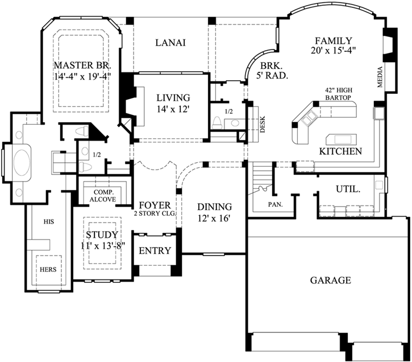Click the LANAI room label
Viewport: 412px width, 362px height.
tap(171, 43)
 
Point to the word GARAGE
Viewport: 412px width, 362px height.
tap(330, 280)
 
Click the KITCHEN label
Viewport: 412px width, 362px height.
tap(340, 151)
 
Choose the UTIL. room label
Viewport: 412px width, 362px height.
tap(347, 188)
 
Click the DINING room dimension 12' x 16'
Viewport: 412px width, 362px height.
tap(215, 217)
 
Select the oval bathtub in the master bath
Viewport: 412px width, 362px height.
tap(22, 162)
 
